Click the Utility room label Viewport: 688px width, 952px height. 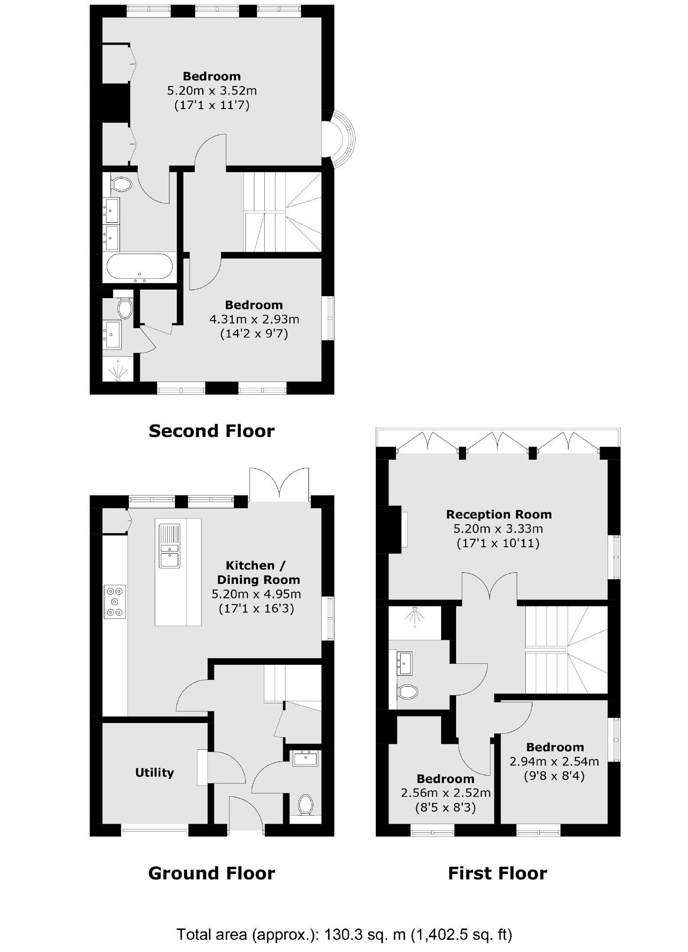click(154, 772)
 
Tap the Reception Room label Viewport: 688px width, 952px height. click(498, 514)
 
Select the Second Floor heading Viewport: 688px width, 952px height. click(211, 431)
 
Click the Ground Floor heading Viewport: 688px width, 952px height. click(211, 873)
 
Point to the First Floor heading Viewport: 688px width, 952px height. click(497, 873)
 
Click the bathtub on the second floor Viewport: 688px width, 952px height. click(139, 267)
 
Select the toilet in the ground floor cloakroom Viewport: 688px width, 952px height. click(306, 804)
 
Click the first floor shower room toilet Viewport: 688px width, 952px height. click(407, 692)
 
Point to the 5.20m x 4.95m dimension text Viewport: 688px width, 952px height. click(256, 594)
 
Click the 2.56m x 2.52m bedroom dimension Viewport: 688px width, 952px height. click(445, 793)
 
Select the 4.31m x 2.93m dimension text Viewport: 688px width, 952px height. click(254, 320)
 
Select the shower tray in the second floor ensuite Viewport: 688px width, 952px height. click(118, 370)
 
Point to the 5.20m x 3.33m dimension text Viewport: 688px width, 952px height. click(498, 529)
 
